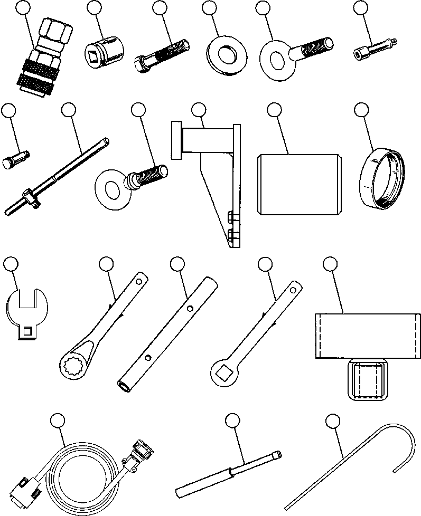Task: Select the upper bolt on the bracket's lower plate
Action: pos(231,216)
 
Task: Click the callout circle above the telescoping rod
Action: pos(232,421)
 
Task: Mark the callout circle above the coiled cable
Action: pos(57,421)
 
